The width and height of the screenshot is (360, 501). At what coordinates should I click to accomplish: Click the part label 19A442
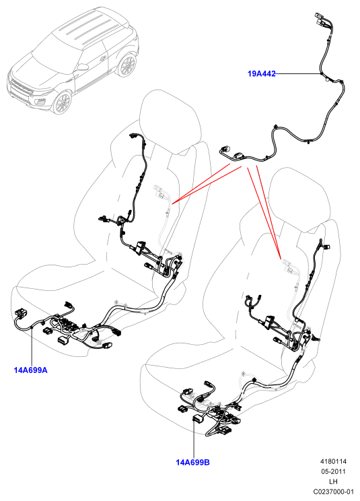[261, 74]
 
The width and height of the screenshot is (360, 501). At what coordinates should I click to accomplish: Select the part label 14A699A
[31, 370]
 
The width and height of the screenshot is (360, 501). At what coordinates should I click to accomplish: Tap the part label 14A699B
[192, 463]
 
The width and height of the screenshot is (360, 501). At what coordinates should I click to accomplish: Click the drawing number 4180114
[333, 461]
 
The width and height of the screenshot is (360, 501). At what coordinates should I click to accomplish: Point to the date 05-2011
[334, 471]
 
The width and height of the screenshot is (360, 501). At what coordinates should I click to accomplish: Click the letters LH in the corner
[334, 481]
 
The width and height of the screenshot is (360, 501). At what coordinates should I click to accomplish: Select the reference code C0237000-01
[334, 492]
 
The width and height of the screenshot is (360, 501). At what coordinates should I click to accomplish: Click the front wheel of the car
[62, 102]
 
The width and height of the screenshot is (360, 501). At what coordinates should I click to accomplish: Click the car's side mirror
[83, 67]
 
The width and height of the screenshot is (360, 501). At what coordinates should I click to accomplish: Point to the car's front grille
[21, 87]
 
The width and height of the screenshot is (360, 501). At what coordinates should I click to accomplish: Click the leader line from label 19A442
[297, 74]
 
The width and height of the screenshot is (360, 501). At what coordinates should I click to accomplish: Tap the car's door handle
[103, 59]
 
